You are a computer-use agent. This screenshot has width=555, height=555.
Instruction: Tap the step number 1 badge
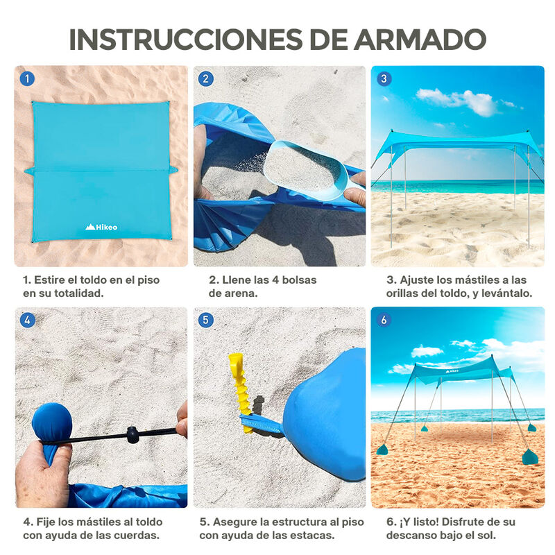pyautogui.click(x=26, y=78)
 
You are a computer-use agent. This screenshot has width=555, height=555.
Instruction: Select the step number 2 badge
pyautogui.click(x=205, y=78)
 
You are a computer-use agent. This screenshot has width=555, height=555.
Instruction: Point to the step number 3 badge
pyautogui.click(x=383, y=78)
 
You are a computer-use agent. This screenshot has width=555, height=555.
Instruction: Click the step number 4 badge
pyautogui.click(x=26, y=320)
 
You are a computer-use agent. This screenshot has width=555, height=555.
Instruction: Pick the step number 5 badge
pyautogui.click(x=205, y=320)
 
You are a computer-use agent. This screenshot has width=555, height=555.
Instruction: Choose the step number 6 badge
pyautogui.click(x=383, y=320)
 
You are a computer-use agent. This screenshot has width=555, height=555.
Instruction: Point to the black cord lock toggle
pyautogui.click(x=132, y=435)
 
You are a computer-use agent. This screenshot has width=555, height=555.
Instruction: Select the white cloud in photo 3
pyautogui.click(x=461, y=101)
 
